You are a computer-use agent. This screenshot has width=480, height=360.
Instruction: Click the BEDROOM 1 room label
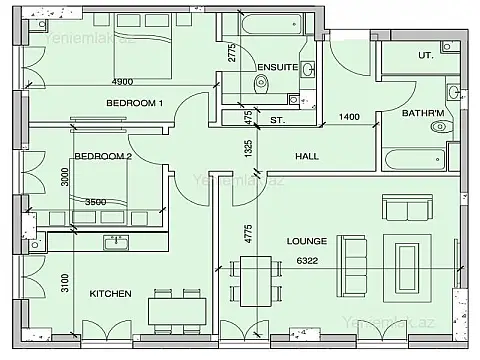coord(135,103)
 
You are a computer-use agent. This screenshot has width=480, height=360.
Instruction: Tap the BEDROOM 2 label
coord(103,156)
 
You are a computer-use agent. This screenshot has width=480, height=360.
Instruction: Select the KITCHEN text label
coord(110,295)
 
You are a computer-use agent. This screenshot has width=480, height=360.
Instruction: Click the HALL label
coord(307,157)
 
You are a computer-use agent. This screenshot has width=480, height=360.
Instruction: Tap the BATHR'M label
coord(421,113)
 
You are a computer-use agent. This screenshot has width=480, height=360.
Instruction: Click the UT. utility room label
coord(424,56)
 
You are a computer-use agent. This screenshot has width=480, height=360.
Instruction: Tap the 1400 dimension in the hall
coord(350,118)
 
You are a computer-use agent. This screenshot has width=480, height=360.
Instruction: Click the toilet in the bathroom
coord(436,128)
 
